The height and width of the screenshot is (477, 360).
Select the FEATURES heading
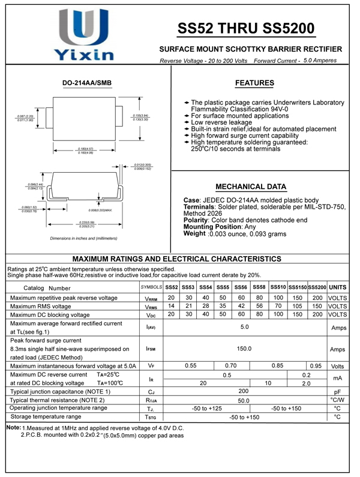(254, 83)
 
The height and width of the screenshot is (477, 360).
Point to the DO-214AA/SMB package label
(87, 83)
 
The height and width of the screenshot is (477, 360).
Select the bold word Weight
(194, 233)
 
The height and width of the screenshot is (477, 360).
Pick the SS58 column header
(259, 287)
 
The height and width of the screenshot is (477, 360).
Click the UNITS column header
(338, 287)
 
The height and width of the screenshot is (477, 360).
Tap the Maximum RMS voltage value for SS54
(205, 306)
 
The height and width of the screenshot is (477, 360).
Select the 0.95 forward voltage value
(316, 365)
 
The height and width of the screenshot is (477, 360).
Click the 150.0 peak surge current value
(244, 349)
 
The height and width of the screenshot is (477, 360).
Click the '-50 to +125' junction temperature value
(206, 408)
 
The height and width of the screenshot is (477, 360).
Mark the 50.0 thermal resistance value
(244, 400)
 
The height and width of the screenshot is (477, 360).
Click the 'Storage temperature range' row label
(54, 416)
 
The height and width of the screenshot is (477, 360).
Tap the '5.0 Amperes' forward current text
(320, 61)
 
